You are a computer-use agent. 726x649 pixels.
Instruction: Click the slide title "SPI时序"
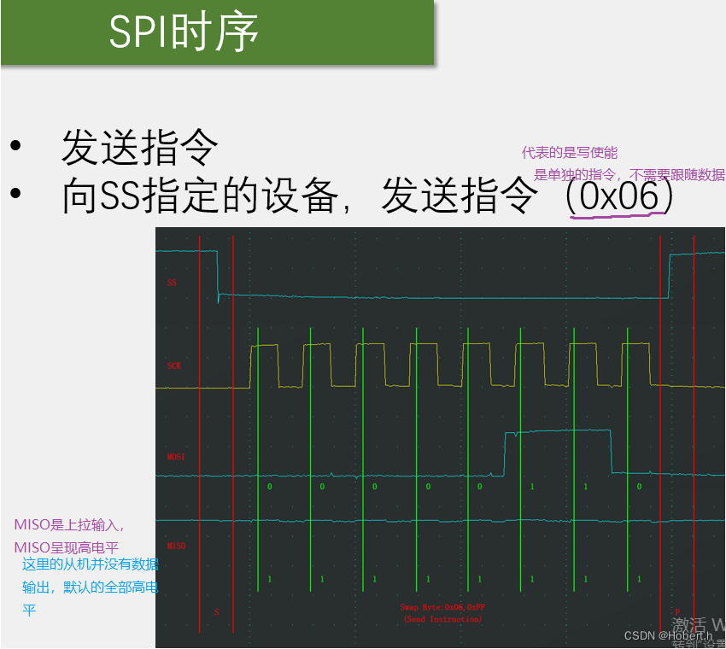pos(184,32)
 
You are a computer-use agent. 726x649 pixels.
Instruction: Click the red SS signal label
pos(172,283)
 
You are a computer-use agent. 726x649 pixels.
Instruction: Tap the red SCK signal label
pos(174,365)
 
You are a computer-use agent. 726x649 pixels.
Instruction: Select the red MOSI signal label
pos(176,457)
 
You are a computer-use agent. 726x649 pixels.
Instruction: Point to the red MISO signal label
pos(176,546)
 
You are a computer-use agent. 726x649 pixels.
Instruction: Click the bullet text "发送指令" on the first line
pos(140,148)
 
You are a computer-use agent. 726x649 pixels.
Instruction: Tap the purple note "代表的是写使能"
pos(569,153)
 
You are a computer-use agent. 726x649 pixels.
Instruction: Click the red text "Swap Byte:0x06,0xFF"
pos(442,607)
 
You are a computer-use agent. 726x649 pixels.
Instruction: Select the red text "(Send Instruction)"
pos(442,618)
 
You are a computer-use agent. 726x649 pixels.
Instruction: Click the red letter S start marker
pos(216,611)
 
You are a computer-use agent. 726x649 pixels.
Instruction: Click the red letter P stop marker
pos(677,611)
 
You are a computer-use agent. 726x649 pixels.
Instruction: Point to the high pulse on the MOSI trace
pos(558,432)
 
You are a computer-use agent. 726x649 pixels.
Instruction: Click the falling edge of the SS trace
pos(218,273)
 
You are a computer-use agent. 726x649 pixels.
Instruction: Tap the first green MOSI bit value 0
pos(269,486)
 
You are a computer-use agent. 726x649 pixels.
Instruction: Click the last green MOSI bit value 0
pos(639,486)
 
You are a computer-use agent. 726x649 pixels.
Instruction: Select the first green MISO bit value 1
pos(269,579)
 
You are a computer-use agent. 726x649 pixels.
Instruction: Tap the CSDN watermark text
pos(667,635)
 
